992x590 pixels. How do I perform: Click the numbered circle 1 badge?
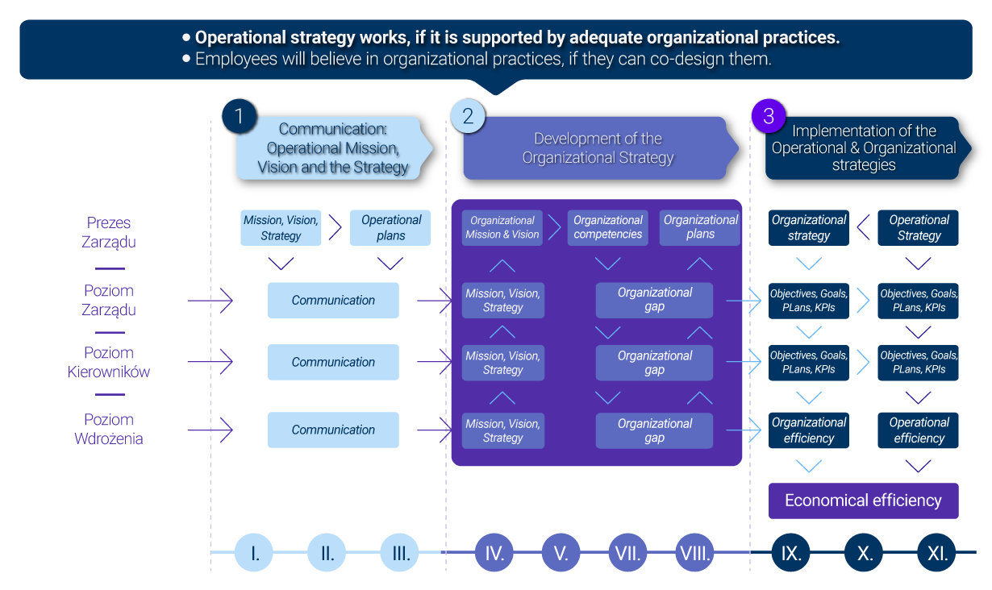coord(239,116)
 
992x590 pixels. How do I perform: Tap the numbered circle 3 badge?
coord(768,116)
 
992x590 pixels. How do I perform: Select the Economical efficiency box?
coord(863,501)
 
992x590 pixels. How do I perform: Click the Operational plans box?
coord(390,227)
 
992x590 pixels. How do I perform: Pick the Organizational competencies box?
coord(608,227)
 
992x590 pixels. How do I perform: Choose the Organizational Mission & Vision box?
coord(502,227)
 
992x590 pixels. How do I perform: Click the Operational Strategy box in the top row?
coord(919,227)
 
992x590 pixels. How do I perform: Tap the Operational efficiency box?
coord(919,430)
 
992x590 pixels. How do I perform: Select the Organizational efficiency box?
coord(809,430)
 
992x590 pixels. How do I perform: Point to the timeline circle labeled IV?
coord(495,554)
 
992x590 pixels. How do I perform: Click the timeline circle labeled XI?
coord(937,554)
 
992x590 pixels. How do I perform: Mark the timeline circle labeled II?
coord(327,554)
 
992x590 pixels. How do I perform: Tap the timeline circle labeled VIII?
coord(695,554)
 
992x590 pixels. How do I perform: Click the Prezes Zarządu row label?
coord(109,232)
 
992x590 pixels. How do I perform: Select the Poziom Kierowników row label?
coord(109,363)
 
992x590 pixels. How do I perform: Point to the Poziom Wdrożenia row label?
coord(109,430)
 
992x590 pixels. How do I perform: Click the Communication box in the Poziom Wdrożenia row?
coord(333,430)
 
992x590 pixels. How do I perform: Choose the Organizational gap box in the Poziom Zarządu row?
coord(654,300)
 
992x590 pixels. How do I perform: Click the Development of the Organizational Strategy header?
coord(598,148)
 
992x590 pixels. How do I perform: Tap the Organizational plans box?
coord(700,227)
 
